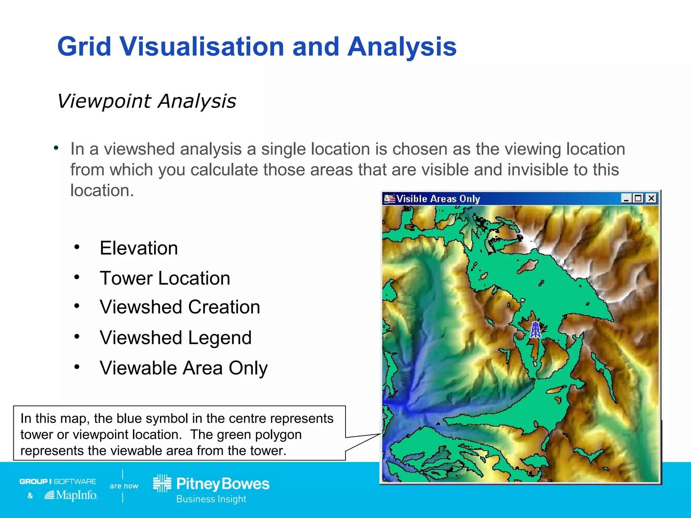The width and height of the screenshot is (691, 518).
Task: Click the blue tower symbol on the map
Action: coord(535,329)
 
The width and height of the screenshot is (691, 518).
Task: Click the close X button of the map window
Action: coord(652,198)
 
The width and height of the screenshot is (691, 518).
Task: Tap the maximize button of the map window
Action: coord(638,198)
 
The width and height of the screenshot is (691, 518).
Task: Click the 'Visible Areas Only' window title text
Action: coord(438,199)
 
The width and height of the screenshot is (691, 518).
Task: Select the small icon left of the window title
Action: coord(389,199)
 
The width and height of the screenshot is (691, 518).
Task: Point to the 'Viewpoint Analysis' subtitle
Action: coord(146,101)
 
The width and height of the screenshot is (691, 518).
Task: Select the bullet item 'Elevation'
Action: coord(139,248)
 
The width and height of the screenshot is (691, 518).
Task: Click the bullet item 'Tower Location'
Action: coord(165,278)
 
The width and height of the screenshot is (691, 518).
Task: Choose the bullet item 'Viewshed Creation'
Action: coord(180,307)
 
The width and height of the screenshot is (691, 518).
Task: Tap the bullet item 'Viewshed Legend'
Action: coord(175,338)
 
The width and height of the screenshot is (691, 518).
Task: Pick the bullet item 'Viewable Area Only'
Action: coord(184,368)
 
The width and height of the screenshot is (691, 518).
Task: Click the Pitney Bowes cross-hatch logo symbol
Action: coord(162,483)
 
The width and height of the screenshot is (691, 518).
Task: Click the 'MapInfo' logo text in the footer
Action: coord(76,495)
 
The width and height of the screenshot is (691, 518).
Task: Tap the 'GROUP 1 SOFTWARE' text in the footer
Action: coord(58,481)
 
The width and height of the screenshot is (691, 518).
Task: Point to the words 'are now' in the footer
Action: coord(124,486)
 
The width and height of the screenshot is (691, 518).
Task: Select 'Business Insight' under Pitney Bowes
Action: coord(211,499)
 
